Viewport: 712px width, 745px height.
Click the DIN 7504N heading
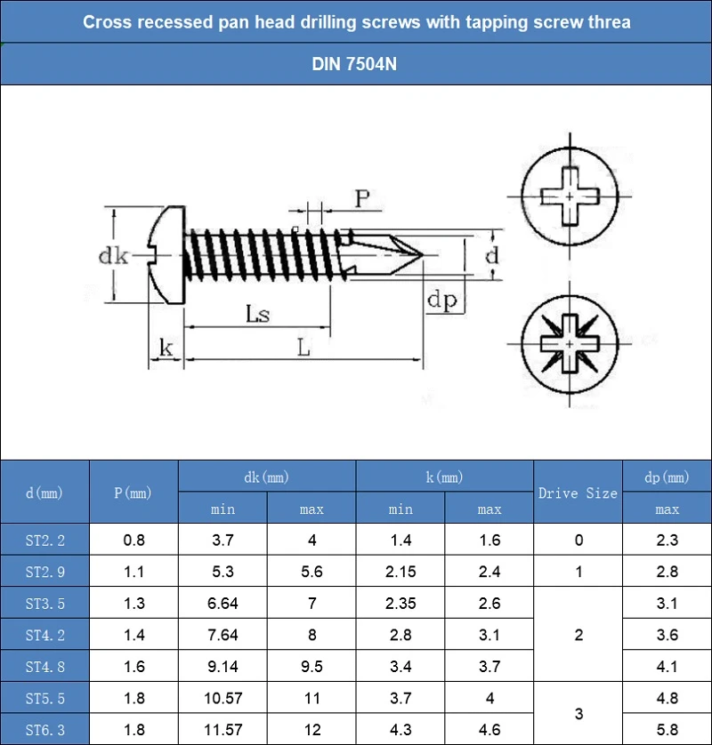[354, 64]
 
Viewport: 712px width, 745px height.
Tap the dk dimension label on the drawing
[113, 256]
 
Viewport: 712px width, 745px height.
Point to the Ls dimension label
[258, 314]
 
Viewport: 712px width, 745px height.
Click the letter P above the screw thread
[362, 198]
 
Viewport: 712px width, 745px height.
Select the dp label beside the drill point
[441, 300]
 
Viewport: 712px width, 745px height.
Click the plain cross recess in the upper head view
[570, 196]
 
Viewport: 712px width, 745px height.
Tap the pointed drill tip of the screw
[423, 254]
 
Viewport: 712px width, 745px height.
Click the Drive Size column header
[578, 493]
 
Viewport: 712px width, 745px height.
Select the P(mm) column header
[133, 493]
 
